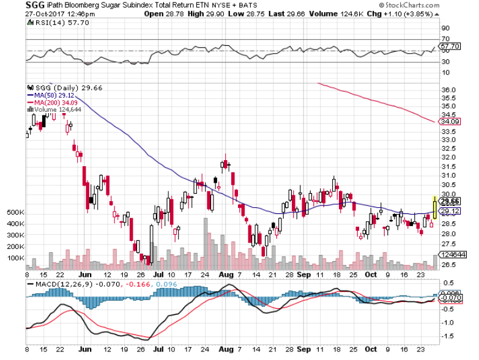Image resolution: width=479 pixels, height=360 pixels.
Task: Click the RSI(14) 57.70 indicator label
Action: (x=53, y=23)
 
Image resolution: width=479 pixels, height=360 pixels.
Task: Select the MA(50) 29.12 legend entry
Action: (x=50, y=95)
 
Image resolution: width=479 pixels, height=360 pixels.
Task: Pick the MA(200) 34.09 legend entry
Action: (x=52, y=102)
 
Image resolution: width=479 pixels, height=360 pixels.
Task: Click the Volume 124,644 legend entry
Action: (x=54, y=109)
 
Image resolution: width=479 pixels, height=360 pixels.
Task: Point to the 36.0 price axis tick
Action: (x=450, y=90)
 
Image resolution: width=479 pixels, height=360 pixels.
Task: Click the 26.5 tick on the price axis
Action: (x=450, y=265)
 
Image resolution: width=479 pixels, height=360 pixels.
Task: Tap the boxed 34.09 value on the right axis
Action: (x=451, y=122)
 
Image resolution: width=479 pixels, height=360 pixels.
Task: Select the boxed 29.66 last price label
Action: (x=451, y=202)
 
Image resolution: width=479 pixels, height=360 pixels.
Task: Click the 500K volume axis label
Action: (x=15, y=212)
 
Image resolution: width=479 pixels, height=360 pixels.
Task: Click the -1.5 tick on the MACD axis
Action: (x=448, y=336)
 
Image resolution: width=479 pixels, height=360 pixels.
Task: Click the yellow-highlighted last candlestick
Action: (x=434, y=207)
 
